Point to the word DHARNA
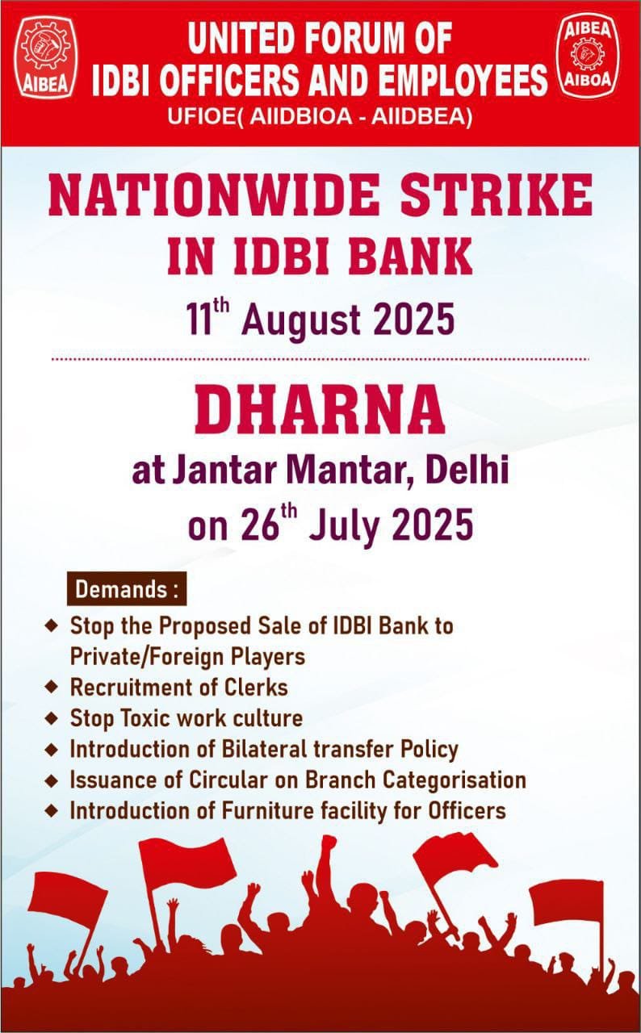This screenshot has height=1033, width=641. click(320, 409)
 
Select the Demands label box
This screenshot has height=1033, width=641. click(127, 589)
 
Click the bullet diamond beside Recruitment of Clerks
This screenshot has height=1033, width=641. click(52, 687)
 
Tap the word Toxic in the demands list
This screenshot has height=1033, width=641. click(147, 717)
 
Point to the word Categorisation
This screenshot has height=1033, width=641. click(455, 780)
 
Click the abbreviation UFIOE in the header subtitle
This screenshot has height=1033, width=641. click(201, 116)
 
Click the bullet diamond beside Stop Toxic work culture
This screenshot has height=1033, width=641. click(52, 718)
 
